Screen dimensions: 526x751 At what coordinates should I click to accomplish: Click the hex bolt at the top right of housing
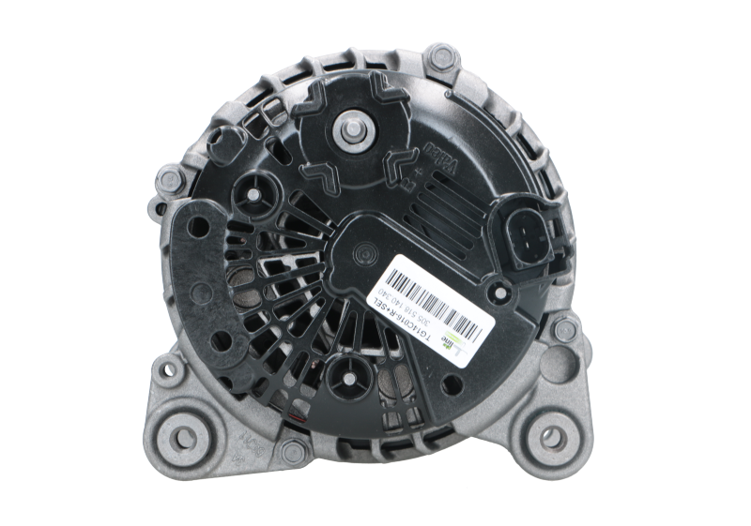click(x=437, y=59)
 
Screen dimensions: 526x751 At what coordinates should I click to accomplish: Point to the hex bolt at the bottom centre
click(x=294, y=451)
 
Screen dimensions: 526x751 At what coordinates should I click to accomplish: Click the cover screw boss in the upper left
click(x=255, y=194)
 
